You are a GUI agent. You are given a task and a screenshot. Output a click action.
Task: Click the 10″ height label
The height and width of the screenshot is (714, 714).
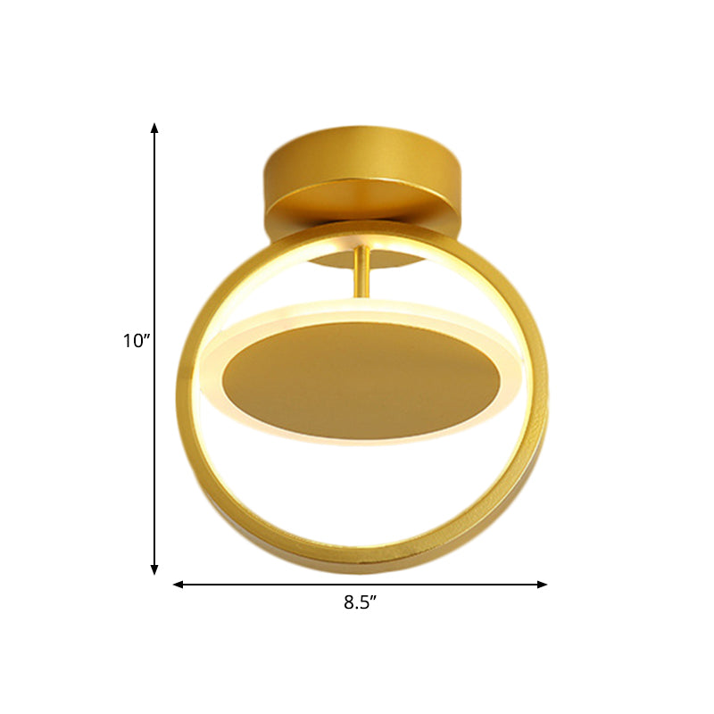[137, 340]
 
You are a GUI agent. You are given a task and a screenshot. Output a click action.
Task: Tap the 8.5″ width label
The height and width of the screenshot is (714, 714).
[360, 602]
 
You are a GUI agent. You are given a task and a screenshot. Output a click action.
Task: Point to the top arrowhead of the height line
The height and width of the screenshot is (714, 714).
[154, 128]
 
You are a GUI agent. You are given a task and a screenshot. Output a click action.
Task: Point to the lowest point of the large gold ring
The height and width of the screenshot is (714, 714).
[361, 568]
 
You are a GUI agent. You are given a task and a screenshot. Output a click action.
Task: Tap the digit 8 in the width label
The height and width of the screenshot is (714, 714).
[348, 602]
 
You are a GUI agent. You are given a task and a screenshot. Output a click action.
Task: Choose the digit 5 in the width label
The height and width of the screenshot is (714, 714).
[363, 602]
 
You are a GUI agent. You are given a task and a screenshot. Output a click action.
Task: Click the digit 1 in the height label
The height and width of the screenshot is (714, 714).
[129, 340]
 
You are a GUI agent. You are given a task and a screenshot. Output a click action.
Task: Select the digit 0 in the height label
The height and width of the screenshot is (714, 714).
[138, 340]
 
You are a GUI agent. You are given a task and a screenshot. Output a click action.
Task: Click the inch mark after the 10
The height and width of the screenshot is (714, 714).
[148, 336]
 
